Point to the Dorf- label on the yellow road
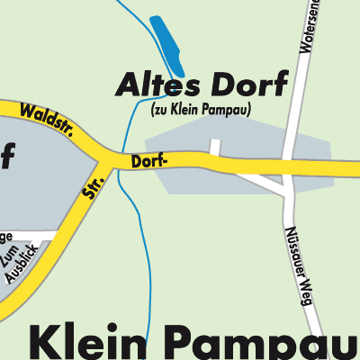click(x=148, y=163)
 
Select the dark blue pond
click(x=167, y=47)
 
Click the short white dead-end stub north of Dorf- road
click(x=214, y=148)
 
